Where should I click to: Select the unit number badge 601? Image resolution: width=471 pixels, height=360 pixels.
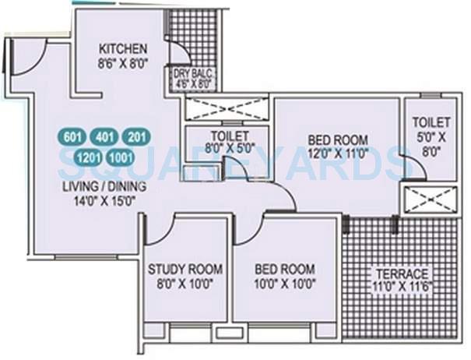[x=72, y=138]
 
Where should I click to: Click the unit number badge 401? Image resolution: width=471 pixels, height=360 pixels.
[x=104, y=138]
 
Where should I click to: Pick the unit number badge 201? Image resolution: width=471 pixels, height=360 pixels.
[x=136, y=138]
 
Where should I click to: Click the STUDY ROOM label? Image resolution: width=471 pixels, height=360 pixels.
[x=185, y=270]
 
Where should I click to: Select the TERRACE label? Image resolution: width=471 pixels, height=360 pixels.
[x=400, y=274]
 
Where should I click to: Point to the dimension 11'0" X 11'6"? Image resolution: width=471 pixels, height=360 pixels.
[x=400, y=287]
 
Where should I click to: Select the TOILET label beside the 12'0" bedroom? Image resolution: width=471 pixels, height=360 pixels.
[x=431, y=122]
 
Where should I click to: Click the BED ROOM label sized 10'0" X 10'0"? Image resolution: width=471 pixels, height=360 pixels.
[x=285, y=270]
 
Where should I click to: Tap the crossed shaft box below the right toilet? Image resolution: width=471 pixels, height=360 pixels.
[x=429, y=199]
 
